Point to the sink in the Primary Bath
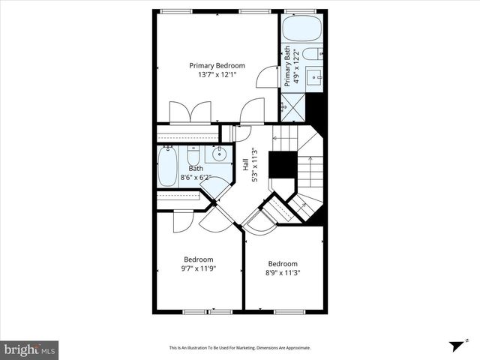[x=317, y=76]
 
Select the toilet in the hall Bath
[x=193, y=155]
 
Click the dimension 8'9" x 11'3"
[x=283, y=274]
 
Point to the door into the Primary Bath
[x=266, y=76]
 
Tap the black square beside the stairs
[x=283, y=164]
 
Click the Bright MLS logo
[x=30, y=349]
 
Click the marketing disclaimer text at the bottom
[x=240, y=348]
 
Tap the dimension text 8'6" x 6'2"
[x=196, y=178]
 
